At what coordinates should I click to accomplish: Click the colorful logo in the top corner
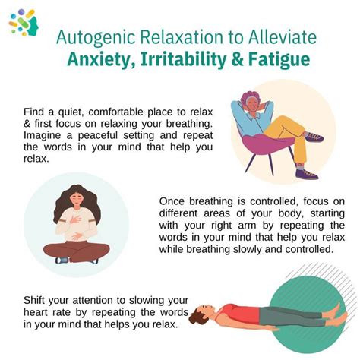[24, 22]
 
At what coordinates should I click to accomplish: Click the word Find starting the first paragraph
[34, 110]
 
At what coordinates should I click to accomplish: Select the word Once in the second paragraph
[173, 201]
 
